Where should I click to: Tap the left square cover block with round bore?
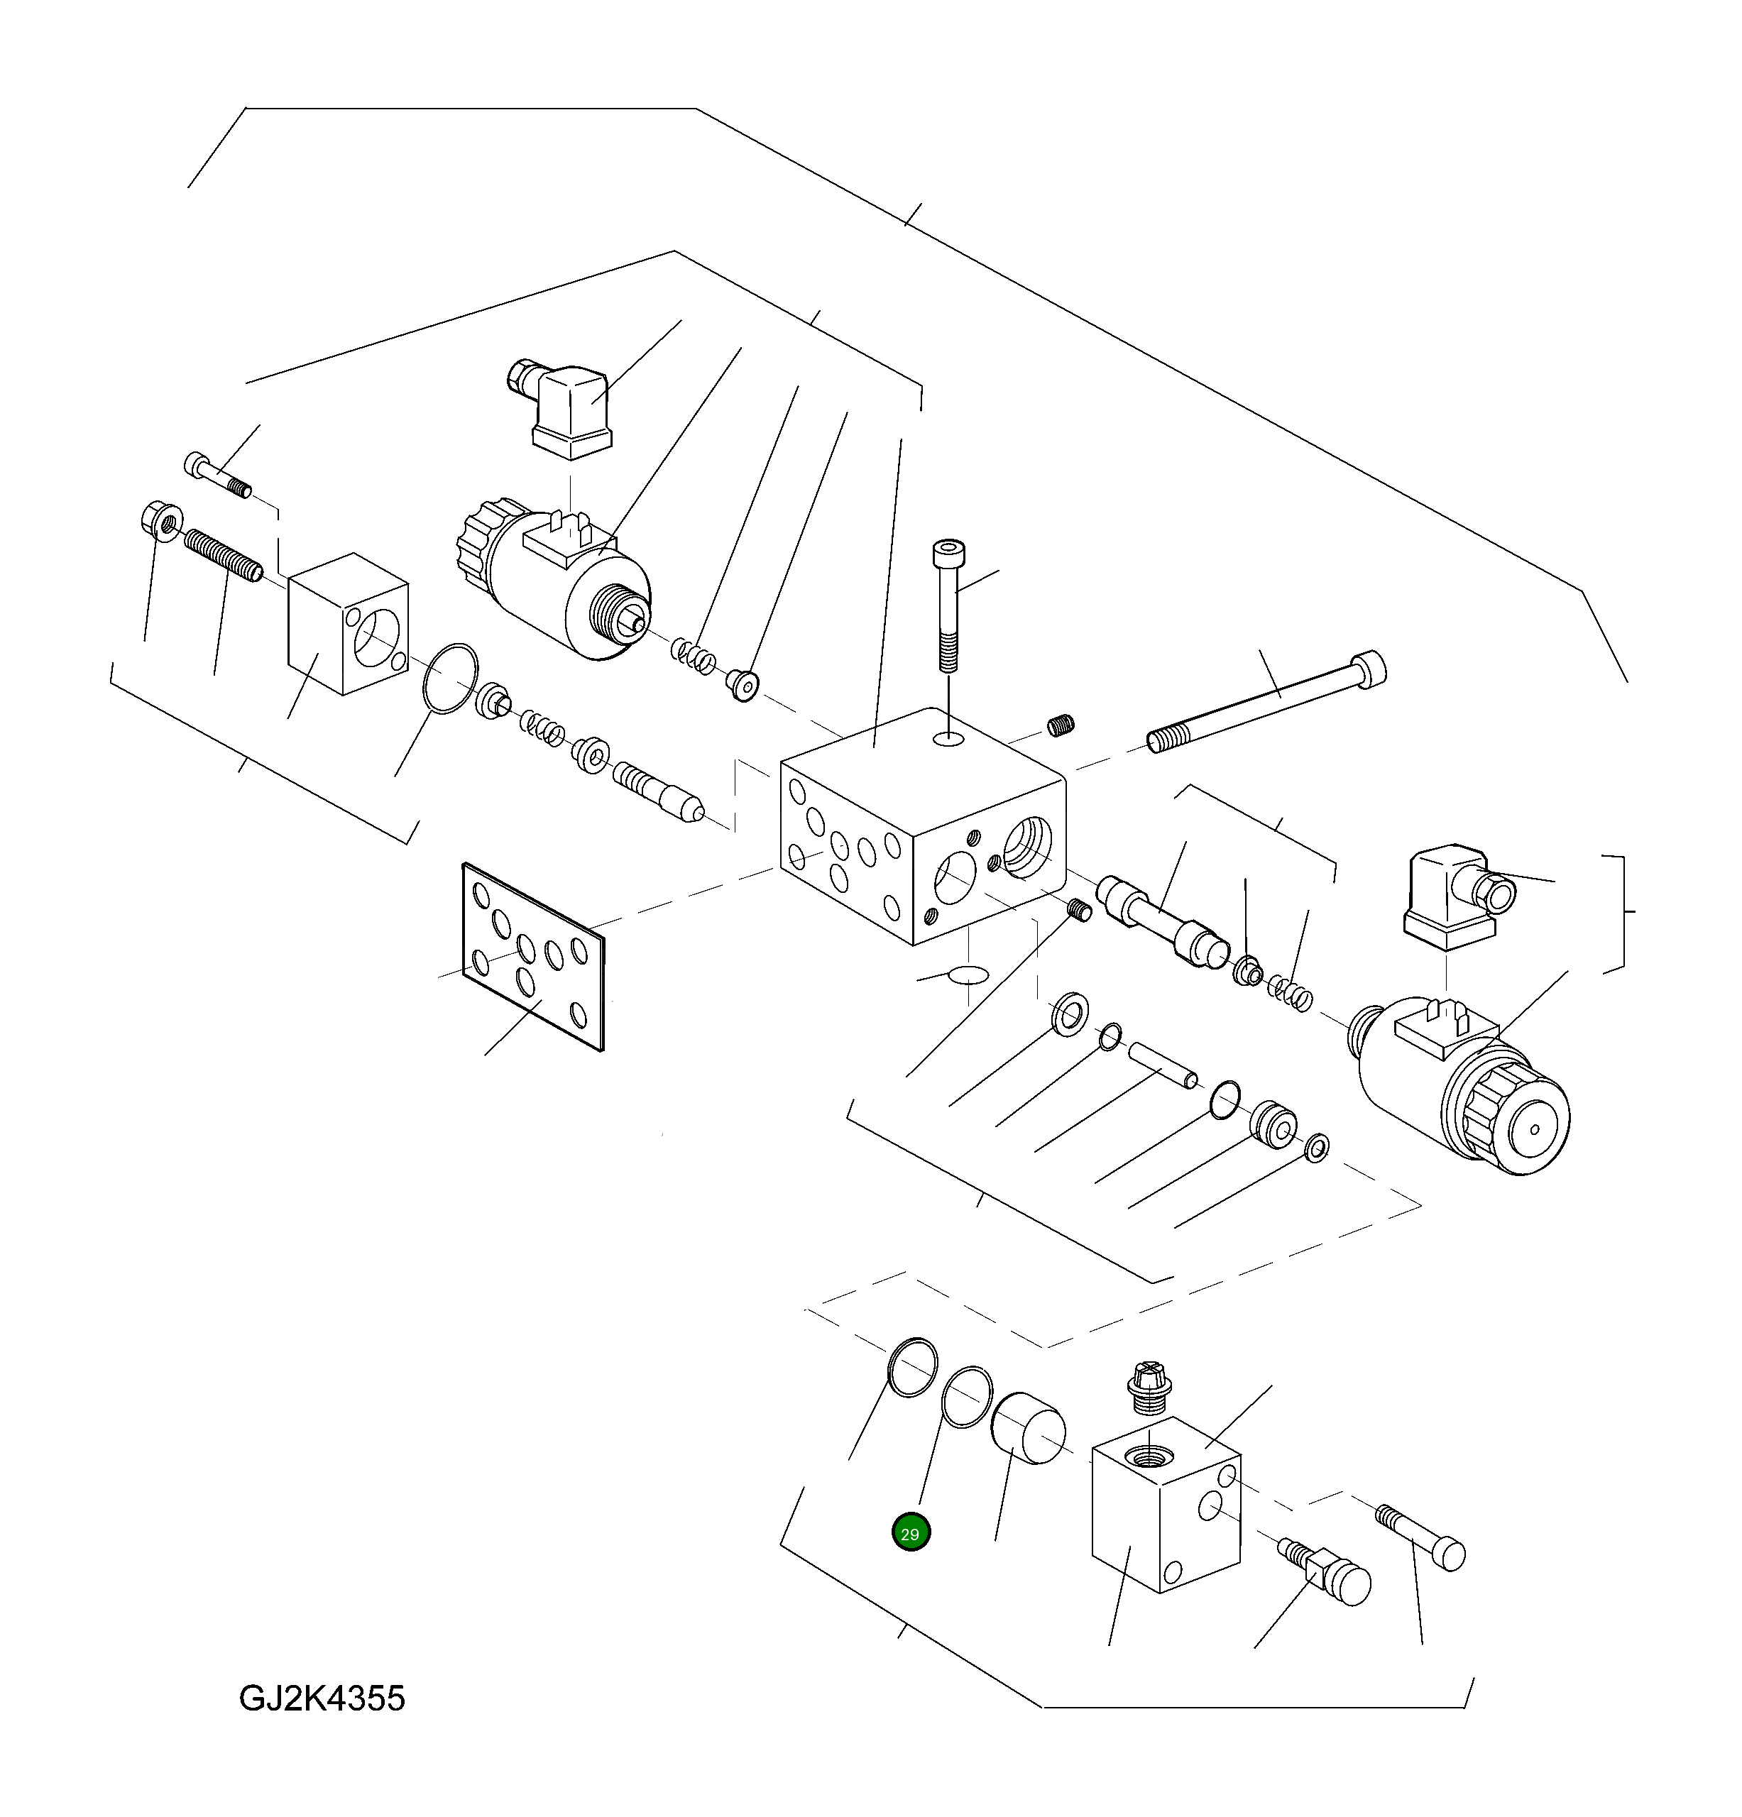coord(348,624)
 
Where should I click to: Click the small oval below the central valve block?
coord(969,975)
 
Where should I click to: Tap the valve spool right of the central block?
coord(1161,923)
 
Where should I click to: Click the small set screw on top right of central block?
coord(1061,724)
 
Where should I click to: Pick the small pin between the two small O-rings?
coord(1163,1063)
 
